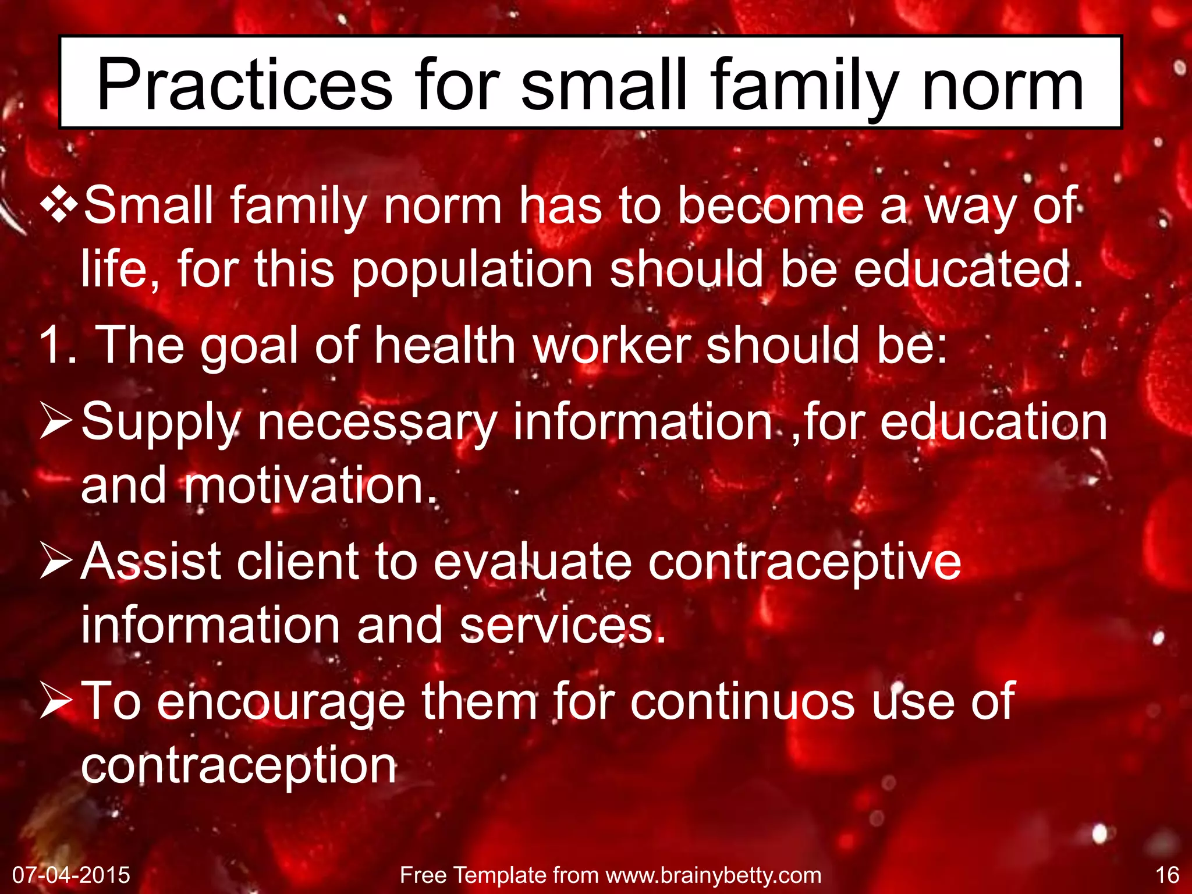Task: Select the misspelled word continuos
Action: pos(743,701)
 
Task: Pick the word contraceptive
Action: pos(804,562)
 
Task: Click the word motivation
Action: pos(310,486)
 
